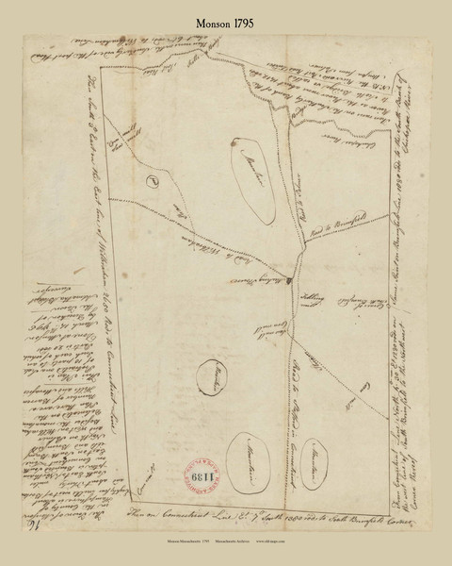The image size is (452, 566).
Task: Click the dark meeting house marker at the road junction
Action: pyautogui.click(x=292, y=278)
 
